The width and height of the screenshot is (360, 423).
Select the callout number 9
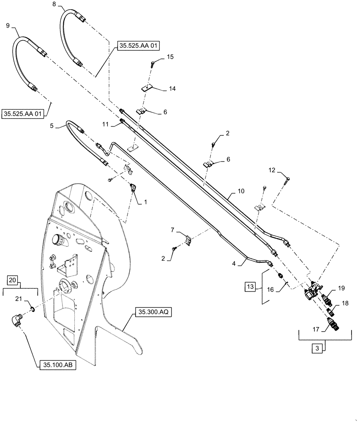coord(8,26)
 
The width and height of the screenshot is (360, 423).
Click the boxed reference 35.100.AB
coord(57,365)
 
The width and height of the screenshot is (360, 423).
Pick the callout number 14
coord(172,89)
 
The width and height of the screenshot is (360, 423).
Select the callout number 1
coord(146,203)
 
